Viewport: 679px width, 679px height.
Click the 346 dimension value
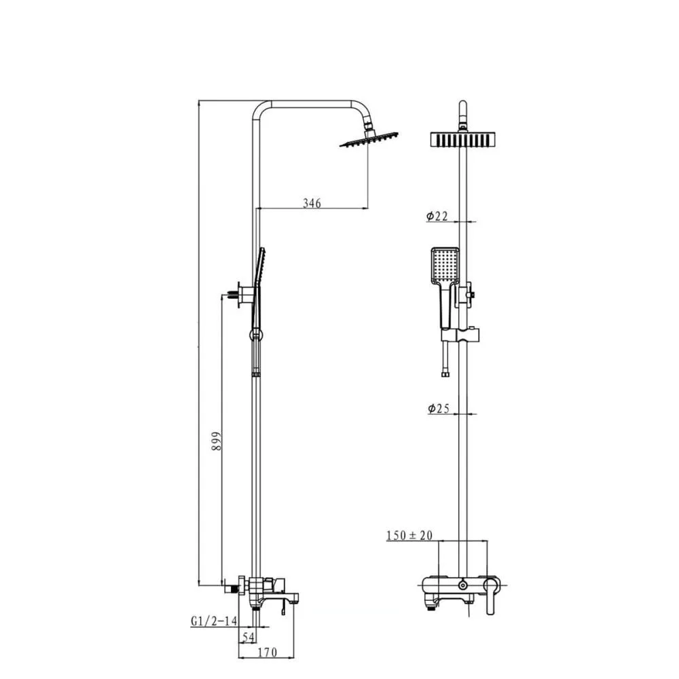point(312,202)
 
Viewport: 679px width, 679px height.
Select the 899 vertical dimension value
point(217,441)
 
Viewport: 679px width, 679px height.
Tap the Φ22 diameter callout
point(437,216)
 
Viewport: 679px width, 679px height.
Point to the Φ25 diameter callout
point(439,408)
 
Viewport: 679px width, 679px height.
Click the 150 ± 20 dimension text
point(409,536)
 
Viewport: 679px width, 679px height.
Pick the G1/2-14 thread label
point(214,621)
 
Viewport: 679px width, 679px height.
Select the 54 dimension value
point(248,637)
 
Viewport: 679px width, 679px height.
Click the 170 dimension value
point(267,652)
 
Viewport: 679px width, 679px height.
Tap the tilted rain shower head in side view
point(369,139)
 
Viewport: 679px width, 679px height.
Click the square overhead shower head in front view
point(462,140)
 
